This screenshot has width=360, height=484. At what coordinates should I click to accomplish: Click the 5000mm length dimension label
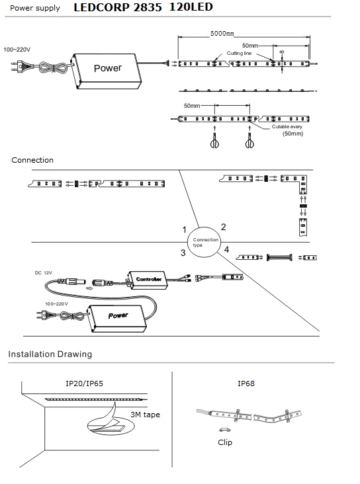point(222,33)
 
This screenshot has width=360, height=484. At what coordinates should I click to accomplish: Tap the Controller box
point(148,280)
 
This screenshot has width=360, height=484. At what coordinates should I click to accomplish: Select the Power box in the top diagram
point(107,71)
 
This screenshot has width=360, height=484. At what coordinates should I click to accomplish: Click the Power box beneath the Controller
point(117,318)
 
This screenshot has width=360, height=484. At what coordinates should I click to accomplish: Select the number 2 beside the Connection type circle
point(224,227)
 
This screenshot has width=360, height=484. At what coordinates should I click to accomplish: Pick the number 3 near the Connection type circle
point(183,253)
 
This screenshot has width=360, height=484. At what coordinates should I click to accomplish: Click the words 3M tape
point(145,415)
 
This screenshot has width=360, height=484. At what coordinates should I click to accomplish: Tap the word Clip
point(225,442)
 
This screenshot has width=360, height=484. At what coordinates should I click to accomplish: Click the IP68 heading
point(246,383)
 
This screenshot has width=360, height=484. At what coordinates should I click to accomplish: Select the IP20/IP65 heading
point(84,383)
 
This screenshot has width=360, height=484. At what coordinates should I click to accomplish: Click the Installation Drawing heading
point(50,354)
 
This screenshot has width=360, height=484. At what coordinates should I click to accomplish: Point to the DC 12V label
point(43,273)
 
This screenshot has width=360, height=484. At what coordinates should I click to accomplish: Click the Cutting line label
point(239,53)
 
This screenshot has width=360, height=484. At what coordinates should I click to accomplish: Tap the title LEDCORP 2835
point(118,7)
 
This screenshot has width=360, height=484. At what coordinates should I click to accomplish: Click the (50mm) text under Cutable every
point(292,134)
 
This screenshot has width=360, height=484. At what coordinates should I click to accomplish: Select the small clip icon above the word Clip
point(224,429)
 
